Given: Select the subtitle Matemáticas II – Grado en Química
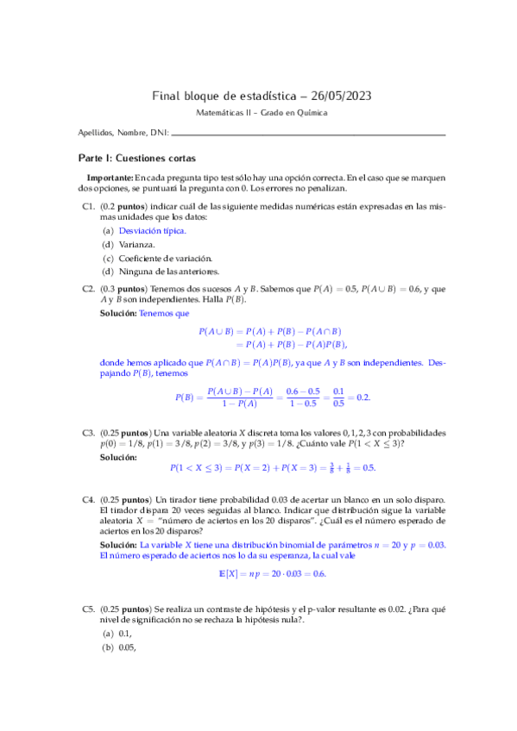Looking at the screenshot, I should click(x=258, y=114).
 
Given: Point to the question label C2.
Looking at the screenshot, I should click(x=87, y=290).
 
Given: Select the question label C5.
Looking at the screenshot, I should click(x=87, y=609).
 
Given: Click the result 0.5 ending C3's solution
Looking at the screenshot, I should click(x=369, y=467).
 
